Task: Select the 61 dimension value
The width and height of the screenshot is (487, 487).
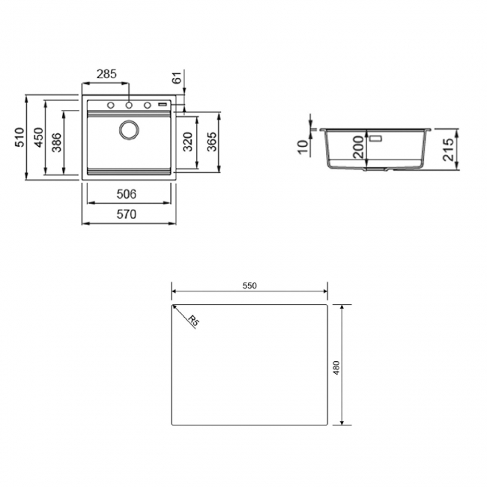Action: (x=177, y=78)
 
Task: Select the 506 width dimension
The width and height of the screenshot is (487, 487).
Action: (x=127, y=194)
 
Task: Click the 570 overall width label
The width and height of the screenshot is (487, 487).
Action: (x=127, y=214)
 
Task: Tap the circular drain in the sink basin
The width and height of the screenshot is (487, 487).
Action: (x=129, y=130)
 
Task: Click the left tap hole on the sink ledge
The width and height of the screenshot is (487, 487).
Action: (x=110, y=106)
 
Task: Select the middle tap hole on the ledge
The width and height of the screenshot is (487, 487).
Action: (x=129, y=106)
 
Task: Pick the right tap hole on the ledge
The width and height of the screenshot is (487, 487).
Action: (x=148, y=106)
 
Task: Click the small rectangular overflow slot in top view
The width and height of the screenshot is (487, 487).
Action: (x=163, y=106)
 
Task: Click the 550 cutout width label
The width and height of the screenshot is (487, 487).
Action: (x=249, y=286)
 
